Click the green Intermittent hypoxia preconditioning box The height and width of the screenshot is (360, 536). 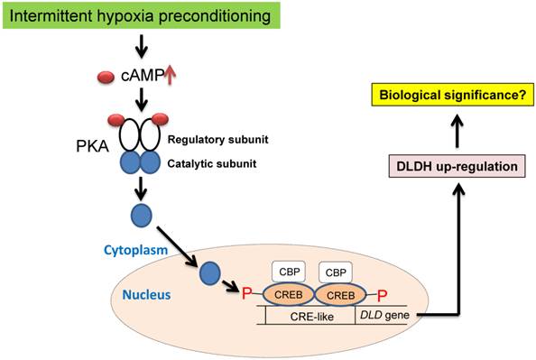pyautogui.click(x=142, y=15)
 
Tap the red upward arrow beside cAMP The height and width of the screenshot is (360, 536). pyautogui.click(x=171, y=75)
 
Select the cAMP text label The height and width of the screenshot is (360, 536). pyautogui.click(x=143, y=76)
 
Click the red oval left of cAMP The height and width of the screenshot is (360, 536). pyautogui.click(x=106, y=78)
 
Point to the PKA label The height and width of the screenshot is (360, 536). pyautogui.click(x=92, y=146)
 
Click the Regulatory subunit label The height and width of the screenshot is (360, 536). pyautogui.click(x=217, y=140)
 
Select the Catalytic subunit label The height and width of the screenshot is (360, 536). pyautogui.click(x=212, y=163)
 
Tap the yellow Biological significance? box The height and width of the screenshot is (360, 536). pyautogui.click(x=453, y=95)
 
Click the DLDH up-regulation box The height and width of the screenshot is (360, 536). pyautogui.click(x=457, y=166)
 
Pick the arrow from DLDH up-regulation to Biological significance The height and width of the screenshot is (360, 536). pyautogui.click(x=457, y=132)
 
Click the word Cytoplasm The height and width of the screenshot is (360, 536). pyautogui.click(x=135, y=250)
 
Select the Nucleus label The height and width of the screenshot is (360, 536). pyautogui.click(x=146, y=294)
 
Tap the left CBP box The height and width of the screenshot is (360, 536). pyautogui.click(x=289, y=272)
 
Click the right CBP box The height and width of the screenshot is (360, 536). pyautogui.click(x=336, y=272)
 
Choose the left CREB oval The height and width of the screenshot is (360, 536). pyautogui.click(x=289, y=294)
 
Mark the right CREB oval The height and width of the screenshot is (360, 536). pyautogui.click(x=341, y=295)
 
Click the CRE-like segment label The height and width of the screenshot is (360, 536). pyautogui.click(x=311, y=317)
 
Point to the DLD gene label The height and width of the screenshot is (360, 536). pyautogui.click(x=384, y=315)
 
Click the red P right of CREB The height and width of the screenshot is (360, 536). pyautogui.click(x=383, y=295)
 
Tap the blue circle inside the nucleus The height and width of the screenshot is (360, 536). pyautogui.click(x=210, y=273)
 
